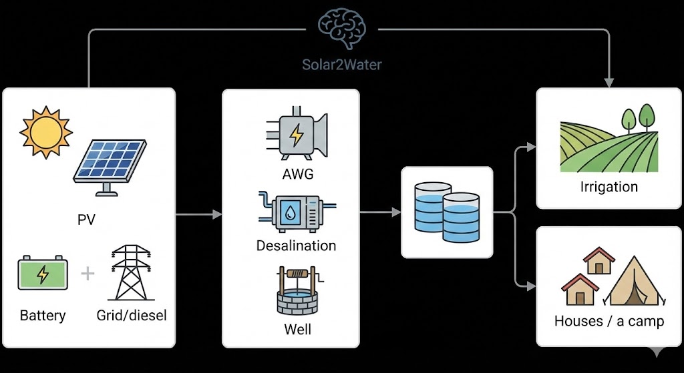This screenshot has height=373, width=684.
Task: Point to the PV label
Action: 86,220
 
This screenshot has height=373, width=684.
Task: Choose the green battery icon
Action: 43,274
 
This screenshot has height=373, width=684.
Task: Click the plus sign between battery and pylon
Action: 88,274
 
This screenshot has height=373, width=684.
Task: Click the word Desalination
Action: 296,246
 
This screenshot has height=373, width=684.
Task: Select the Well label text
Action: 296,330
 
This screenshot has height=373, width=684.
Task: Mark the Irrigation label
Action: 609,187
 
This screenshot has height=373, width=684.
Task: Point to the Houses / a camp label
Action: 609,322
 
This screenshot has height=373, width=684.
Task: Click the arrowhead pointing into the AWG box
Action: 217,215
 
